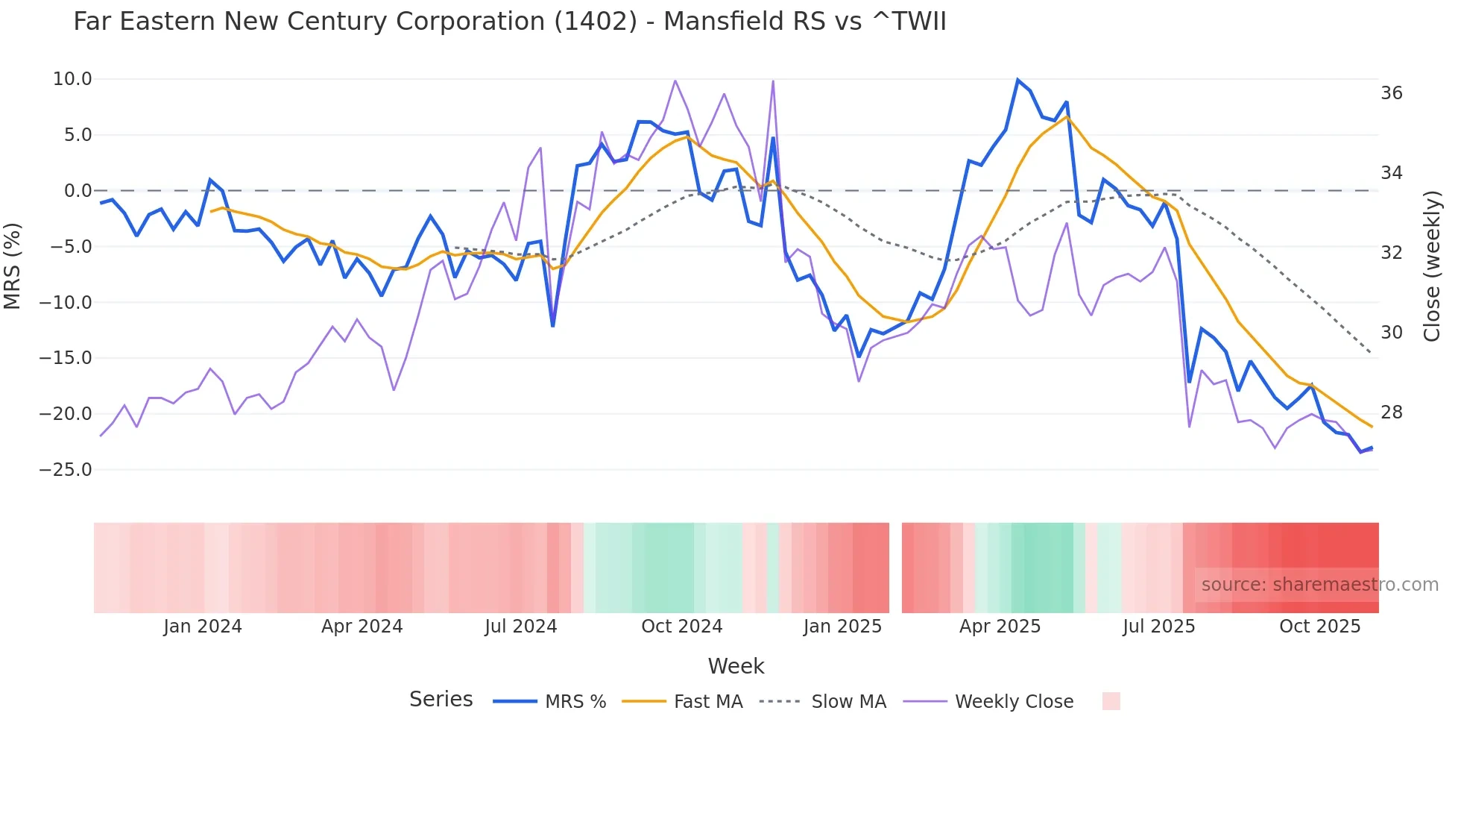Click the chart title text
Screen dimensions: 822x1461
(x=509, y=22)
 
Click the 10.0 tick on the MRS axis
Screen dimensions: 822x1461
(x=72, y=79)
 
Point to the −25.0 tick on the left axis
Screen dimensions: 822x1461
(x=66, y=470)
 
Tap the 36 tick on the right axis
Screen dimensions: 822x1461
(x=1391, y=93)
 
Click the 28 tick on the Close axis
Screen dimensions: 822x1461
(x=1391, y=412)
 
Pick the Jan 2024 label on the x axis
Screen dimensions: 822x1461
(x=203, y=627)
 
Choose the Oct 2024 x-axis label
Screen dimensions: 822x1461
(x=681, y=627)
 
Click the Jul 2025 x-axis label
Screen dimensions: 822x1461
(x=1158, y=627)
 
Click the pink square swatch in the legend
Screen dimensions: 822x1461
(x=1111, y=701)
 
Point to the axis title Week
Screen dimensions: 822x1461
(x=736, y=666)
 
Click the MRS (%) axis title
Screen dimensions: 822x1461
(x=13, y=266)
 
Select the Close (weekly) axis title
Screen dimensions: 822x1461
(x=1431, y=266)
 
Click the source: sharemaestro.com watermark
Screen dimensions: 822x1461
(x=1319, y=585)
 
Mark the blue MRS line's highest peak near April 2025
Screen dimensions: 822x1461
(x=1017, y=80)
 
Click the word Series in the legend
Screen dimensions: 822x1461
(x=441, y=700)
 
